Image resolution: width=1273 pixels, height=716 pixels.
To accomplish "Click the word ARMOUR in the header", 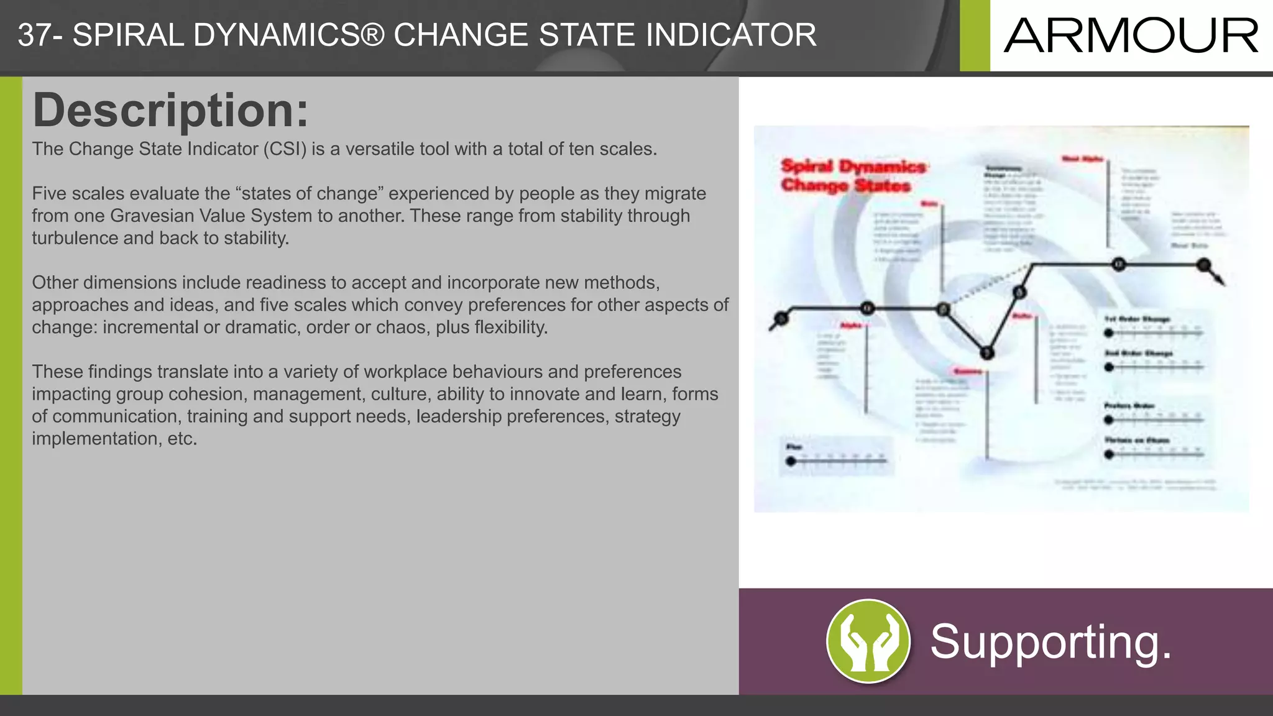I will (1131, 35).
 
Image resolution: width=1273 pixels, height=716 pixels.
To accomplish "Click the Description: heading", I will (170, 110).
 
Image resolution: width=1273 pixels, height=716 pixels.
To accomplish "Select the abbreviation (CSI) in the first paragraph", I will (284, 149).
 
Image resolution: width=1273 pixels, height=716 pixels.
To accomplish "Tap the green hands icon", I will (868, 641).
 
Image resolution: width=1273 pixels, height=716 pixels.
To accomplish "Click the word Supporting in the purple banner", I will (1043, 641).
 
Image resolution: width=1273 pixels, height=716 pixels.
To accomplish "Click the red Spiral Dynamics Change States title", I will (853, 176).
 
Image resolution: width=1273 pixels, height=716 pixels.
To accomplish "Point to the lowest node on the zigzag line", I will (986, 353).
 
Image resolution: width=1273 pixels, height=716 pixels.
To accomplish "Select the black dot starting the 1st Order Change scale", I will (1108, 333).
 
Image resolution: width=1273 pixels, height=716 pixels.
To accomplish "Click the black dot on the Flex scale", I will (791, 461).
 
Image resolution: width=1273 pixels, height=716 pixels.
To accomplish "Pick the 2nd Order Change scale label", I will (1138, 353).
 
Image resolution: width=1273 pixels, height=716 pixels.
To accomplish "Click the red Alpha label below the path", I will (851, 326).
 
